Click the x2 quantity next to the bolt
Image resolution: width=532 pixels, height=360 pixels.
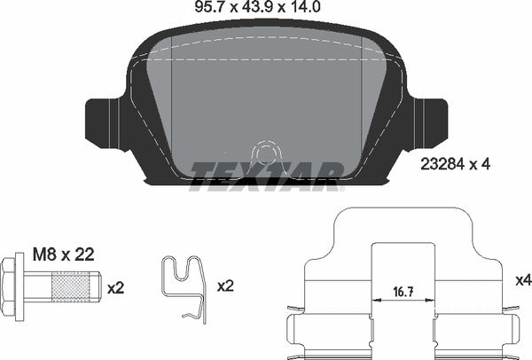pyautogui.click(x=117, y=288)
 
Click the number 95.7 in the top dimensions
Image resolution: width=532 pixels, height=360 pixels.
pyautogui.click(x=207, y=8)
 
